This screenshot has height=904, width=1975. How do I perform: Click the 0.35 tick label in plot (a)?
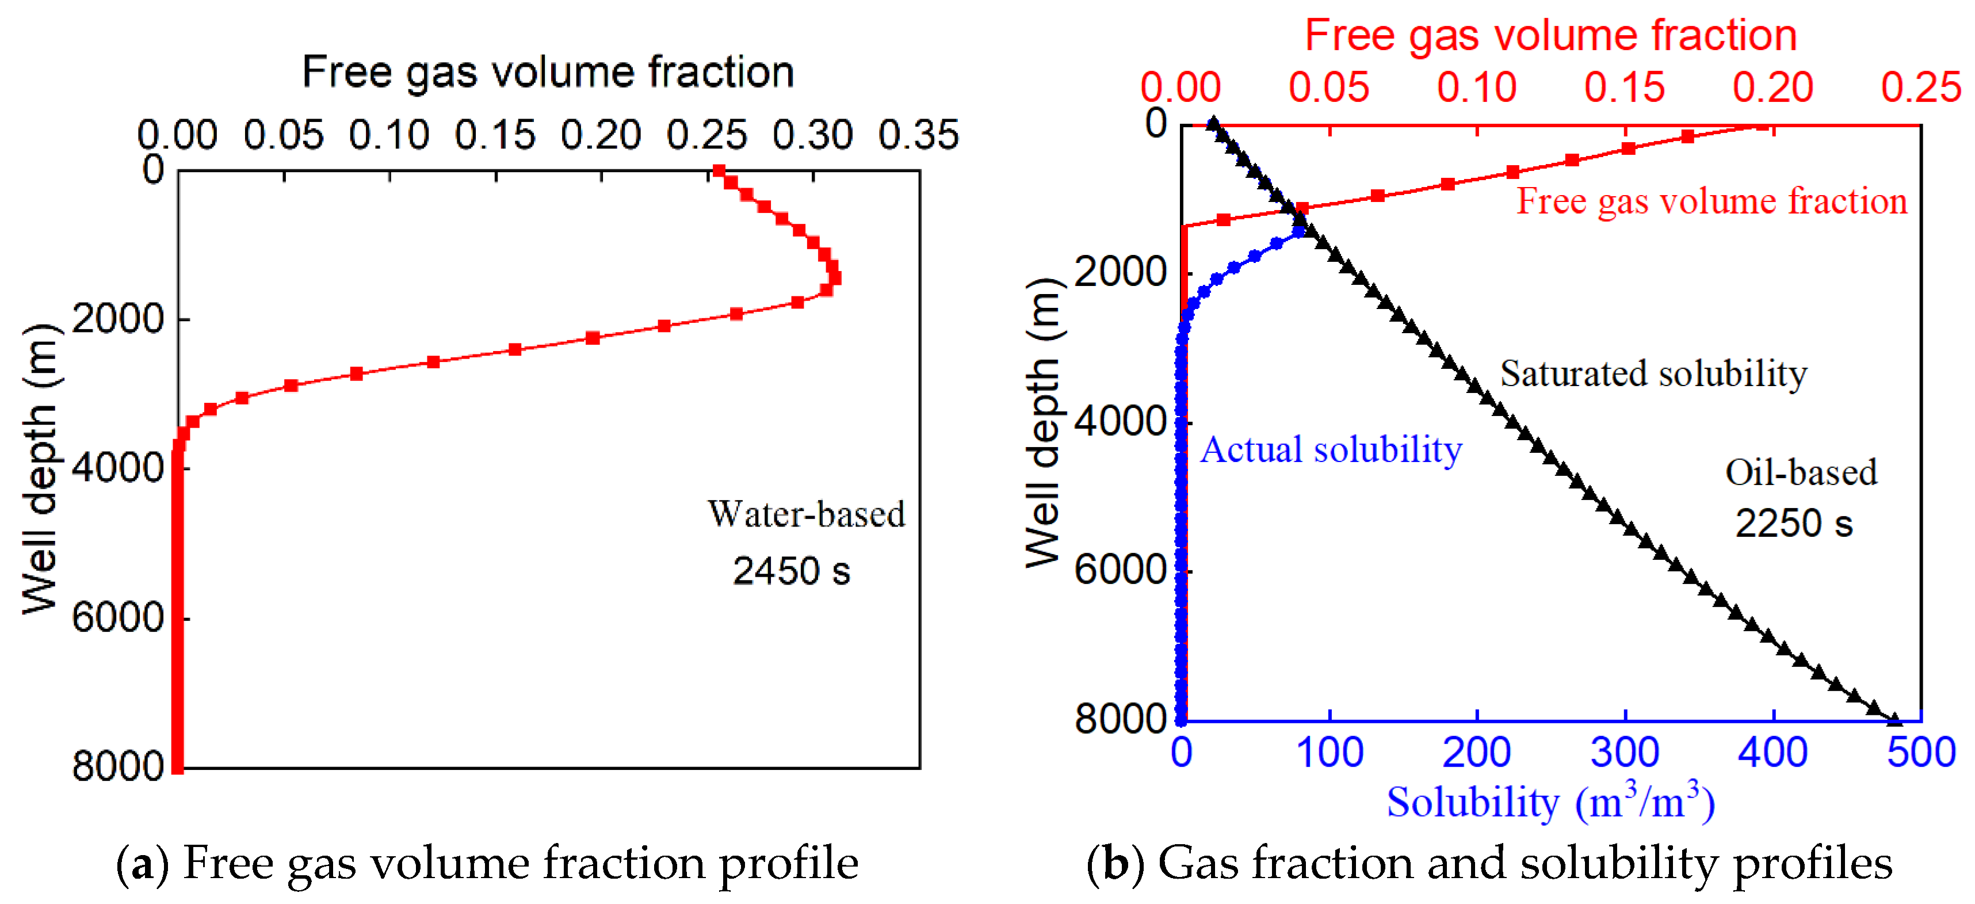pos(918,136)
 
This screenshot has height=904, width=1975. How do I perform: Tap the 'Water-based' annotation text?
pos(806,514)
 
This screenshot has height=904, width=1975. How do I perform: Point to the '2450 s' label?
pos(791,571)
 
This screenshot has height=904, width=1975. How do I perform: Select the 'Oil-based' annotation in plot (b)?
pos(1801,473)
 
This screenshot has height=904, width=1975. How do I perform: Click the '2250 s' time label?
pos(1793,524)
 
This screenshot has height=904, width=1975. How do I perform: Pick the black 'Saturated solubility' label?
pos(1653,374)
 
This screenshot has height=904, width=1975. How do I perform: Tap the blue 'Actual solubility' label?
pos(1331,450)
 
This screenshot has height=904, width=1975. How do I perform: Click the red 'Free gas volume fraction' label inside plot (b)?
pos(1712,201)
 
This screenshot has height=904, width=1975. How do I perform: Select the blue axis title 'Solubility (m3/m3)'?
pos(1550,803)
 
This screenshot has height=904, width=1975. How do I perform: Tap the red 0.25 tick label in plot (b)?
pos(1920,88)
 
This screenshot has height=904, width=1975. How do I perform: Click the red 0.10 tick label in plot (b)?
pos(1477,88)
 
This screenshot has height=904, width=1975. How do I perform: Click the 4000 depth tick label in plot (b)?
pos(1120,421)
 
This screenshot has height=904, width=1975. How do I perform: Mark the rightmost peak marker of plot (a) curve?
pos(835,277)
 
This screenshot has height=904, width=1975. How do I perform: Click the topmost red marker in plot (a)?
pos(719,171)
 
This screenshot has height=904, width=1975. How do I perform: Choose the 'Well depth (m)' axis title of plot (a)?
pos(40,469)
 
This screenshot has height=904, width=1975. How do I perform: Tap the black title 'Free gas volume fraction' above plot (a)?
pos(548,73)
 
